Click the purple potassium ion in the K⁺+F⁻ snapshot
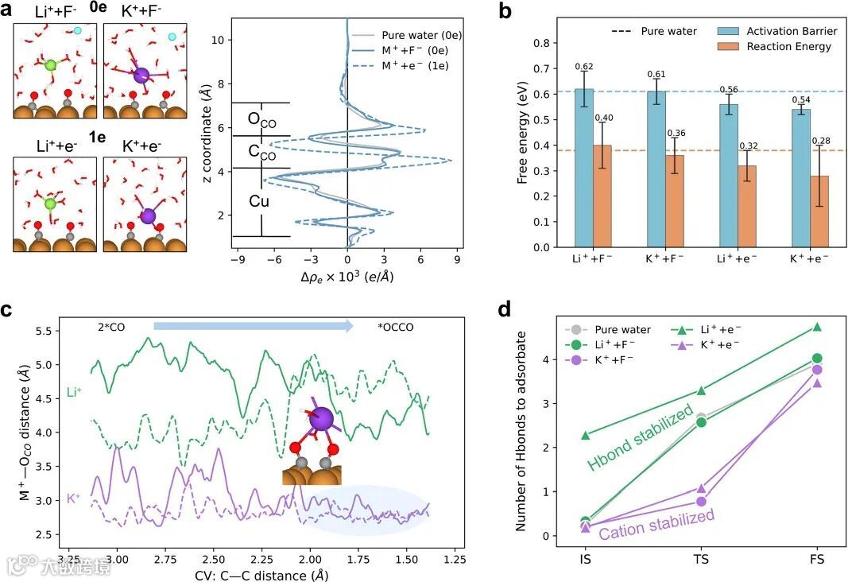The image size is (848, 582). coord(141,76)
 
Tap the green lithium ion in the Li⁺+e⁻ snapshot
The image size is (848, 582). coord(51,204)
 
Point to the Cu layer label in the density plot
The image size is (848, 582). coord(259,201)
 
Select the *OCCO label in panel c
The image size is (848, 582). coord(396,326)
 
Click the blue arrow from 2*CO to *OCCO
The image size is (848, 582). coord(254,325)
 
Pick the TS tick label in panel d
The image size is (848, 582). coord(701,560)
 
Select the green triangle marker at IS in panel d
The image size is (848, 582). coord(586,435)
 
